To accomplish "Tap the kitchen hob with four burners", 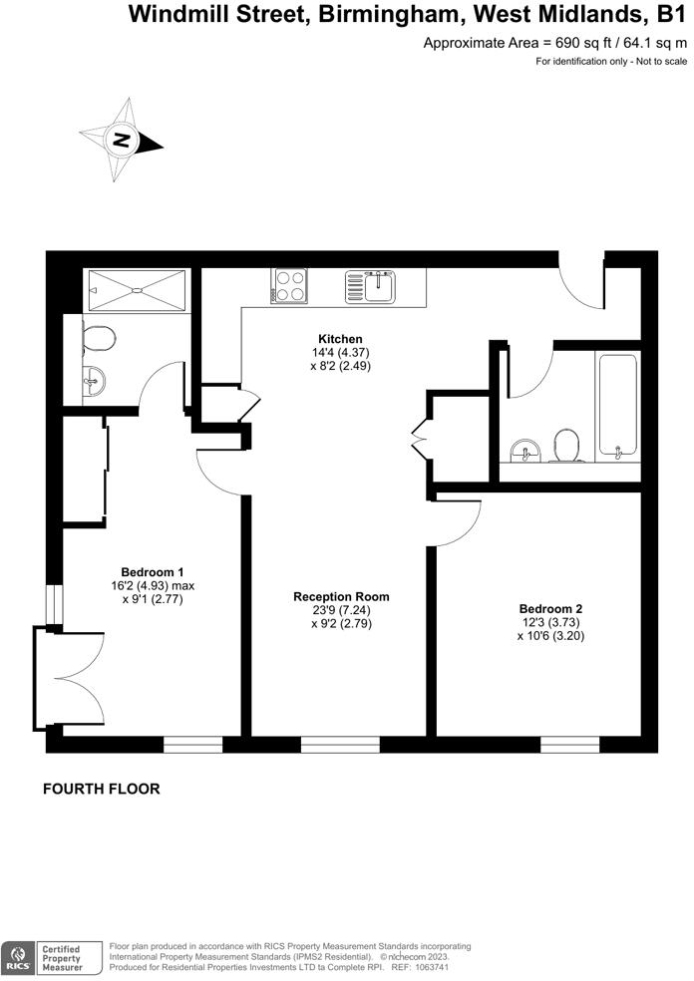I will click(x=289, y=286).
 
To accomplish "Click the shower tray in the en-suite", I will click(x=137, y=289).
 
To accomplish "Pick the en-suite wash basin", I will click(x=94, y=380).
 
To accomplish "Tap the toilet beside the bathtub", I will click(x=565, y=446).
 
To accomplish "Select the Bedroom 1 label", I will click(x=152, y=571).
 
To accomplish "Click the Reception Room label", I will click(x=341, y=596).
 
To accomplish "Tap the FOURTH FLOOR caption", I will click(x=101, y=789).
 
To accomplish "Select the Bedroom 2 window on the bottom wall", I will click(x=569, y=744).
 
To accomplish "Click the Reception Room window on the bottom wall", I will click(x=340, y=744).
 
